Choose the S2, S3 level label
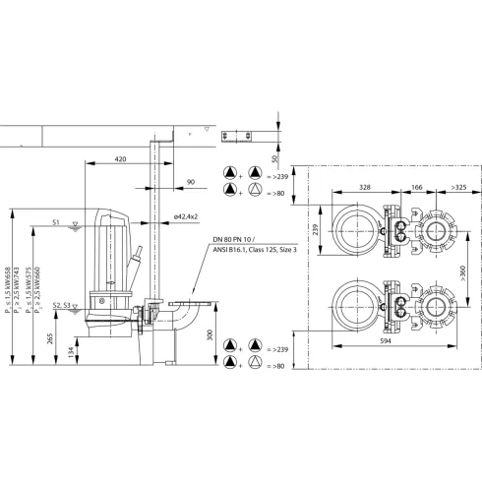62,307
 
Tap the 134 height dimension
71,352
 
